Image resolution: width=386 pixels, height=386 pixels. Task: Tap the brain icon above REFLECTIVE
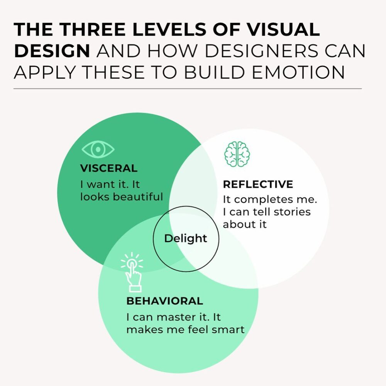tap(237, 154)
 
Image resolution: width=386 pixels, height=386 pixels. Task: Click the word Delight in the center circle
tap(186, 238)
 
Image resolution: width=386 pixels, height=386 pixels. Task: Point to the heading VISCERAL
tap(108, 168)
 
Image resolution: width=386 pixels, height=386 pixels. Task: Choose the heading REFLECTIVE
tap(258, 184)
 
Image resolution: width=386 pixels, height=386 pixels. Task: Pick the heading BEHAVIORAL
tap(164, 301)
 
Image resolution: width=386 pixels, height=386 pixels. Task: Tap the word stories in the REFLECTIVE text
tap(292, 212)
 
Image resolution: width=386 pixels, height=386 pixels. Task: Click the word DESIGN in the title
tap(52, 51)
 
